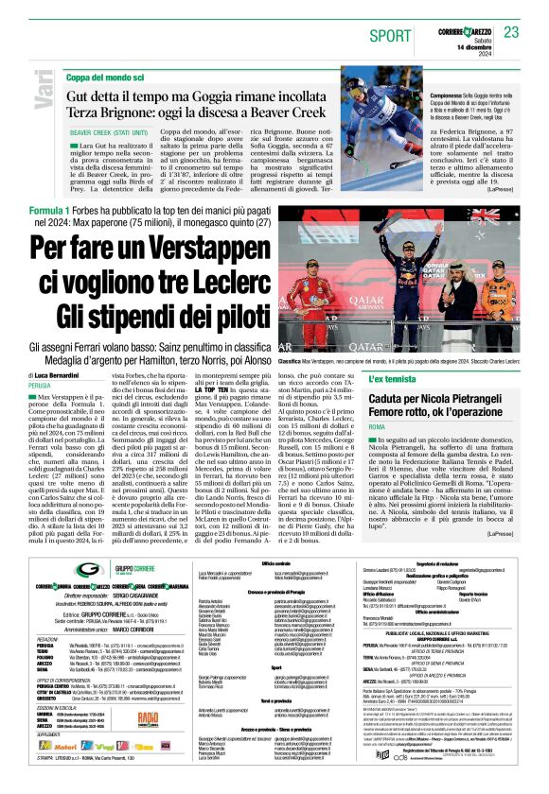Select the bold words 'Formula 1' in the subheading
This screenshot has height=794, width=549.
pos(49,209)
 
